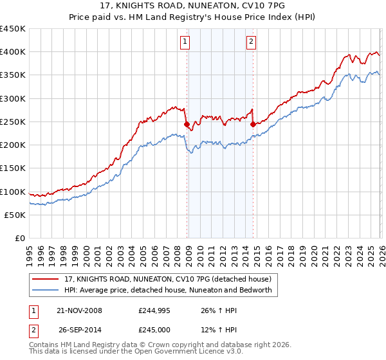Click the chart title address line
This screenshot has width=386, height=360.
click(192, 7)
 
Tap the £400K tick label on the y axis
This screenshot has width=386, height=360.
click(13, 52)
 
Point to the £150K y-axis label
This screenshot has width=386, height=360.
click(13, 168)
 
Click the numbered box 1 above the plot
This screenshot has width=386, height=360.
click(185, 42)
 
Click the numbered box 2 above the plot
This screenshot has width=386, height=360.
click(251, 42)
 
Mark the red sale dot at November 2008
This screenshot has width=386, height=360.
click(187, 125)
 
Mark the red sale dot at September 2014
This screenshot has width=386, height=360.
click(253, 125)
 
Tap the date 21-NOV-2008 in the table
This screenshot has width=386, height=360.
click(79, 310)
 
